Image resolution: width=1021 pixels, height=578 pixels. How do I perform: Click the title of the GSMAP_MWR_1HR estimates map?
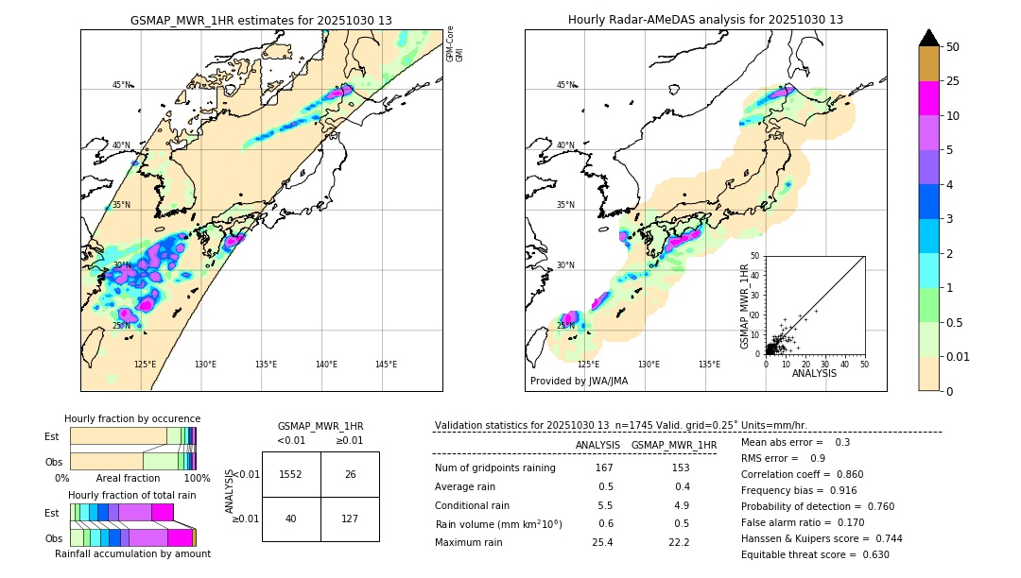tap(261, 20)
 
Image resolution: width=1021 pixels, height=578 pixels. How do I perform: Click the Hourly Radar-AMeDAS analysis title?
tap(705, 20)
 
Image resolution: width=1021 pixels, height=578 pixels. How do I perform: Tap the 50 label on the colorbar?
tap(953, 47)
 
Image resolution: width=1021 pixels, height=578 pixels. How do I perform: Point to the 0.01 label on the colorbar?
tap(959, 356)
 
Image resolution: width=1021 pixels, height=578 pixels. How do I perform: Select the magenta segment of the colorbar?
tap(928, 98)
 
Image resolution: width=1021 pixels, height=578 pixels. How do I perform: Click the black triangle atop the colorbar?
tap(928, 38)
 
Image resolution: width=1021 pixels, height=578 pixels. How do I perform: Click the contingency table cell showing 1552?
tap(291, 474)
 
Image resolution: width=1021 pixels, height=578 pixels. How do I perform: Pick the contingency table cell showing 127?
tap(350, 518)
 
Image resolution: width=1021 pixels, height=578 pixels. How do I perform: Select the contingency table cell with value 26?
tap(350, 474)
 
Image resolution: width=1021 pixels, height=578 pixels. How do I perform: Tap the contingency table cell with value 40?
tap(291, 518)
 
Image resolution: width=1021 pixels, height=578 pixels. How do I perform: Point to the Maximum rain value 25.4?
tap(605, 542)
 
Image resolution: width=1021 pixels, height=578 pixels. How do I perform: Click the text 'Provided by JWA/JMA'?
tap(579, 382)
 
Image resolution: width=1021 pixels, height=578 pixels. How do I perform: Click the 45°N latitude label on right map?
tap(565, 85)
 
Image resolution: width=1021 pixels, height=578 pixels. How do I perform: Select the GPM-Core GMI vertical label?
tap(455, 44)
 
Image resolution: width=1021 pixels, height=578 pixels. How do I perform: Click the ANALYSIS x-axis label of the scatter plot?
tap(813, 373)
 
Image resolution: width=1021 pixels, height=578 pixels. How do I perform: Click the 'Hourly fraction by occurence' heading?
tap(132, 418)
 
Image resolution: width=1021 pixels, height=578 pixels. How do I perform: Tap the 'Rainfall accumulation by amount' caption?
tap(132, 553)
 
